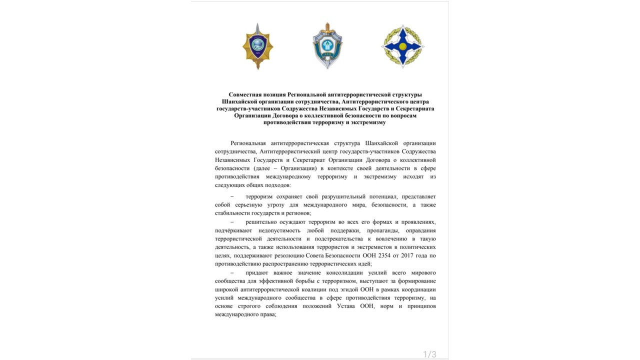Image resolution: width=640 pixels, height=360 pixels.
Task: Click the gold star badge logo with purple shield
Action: pyautogui.click(x=257, y=47)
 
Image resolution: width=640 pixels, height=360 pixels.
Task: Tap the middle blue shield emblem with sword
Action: pyautogui.click(x=327, y=46)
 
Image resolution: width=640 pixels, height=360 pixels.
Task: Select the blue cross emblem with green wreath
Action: pyautogui.click(x=402, y=46)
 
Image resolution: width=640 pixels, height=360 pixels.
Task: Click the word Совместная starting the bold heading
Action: pyautogui.click(x=246, y=94)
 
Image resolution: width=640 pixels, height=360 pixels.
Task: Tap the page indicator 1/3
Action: pyautogui.click(x=429, y=354)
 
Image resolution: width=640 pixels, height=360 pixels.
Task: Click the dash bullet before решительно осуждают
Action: pyautogui.click(x=231, y=221)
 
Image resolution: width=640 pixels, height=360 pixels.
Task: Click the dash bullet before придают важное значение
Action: pyautogui.click(x=231, y=273)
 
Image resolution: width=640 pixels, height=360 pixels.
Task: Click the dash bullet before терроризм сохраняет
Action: pyautogui.click(x=231, y=197)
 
